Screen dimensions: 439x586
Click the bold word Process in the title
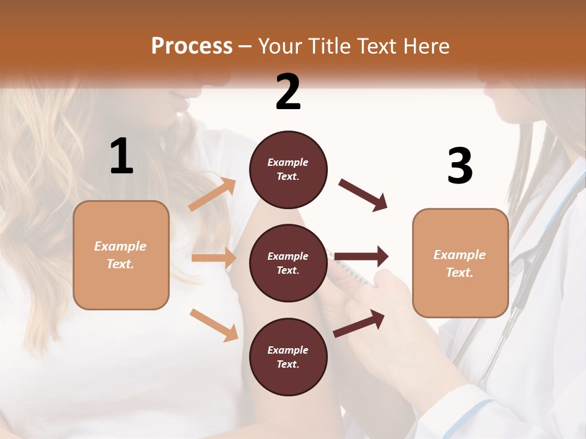(x=192, y=46)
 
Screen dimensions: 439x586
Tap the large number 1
(x=121, y=157)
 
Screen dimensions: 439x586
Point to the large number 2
(x=288, y=92)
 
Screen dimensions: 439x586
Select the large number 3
(x=460, y=166)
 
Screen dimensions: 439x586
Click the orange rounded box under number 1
(x=121, y=255)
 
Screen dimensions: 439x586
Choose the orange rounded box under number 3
(x=460, y=263)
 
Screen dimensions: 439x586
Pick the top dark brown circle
(x=288, y=170)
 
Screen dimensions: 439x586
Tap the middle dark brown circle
(x=288, y=263)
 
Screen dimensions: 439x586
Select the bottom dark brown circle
(x=288, y=357)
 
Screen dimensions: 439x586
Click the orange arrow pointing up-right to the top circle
(x=212, y=195)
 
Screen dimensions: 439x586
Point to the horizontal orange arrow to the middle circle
(x=214, y=258)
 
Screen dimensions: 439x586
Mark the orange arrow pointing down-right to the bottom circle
(x=214, y=325)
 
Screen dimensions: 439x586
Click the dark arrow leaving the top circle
(x=363, y=195)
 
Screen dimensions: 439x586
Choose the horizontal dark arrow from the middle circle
(x=361, y=257)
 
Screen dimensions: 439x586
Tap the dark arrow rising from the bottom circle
(x=360, y=324)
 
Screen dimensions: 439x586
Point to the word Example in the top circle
(x=288, y=162)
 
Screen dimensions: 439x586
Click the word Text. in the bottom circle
(x=288, y=364)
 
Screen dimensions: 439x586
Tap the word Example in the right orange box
(x=460, y=255)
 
